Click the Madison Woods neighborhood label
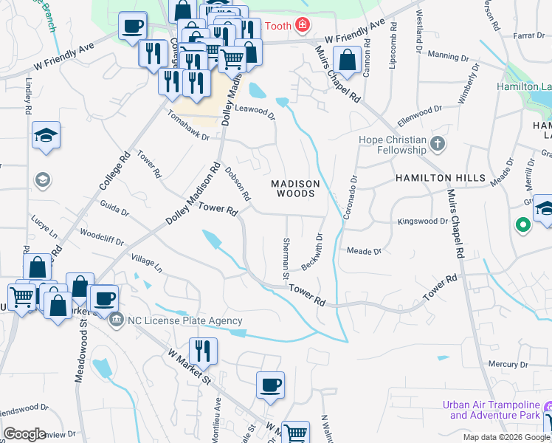(295, 188)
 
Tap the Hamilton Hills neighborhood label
(441, 178)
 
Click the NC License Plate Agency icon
(117, 320)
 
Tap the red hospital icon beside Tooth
(302, 26)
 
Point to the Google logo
(25, 433)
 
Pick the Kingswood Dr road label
(423, 221)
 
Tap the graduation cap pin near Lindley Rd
(46, 134)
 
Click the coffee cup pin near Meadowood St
(103, 298)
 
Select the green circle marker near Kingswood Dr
(523, 224)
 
